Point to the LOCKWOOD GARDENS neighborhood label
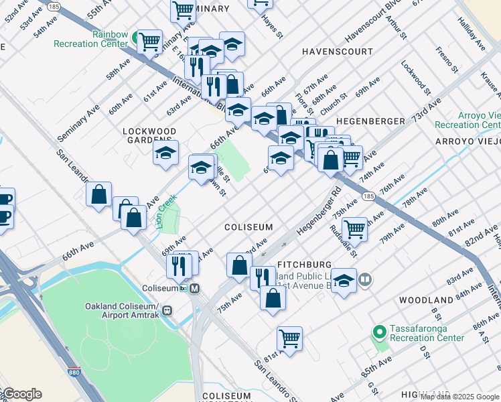[149, 135]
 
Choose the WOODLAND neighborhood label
[426, 300]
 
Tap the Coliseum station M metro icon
[195, 289]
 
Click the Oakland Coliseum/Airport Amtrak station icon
[167, 311]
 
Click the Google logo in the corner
[22, 394]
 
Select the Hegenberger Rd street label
[319, 212]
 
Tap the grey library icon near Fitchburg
[365, 279]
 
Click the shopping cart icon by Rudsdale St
[354, 228]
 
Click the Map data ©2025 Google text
[459, 397]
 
